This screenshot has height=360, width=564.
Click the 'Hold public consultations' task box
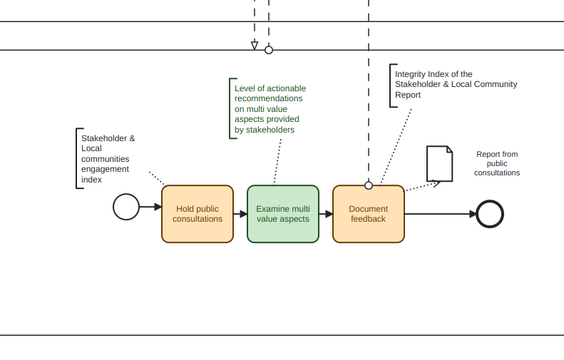(x=198, y=214)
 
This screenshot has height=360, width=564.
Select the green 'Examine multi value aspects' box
(x=283, y=214)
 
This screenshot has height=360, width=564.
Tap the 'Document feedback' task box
(x=369, y=214)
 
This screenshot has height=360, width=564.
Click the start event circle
(x=126, y=207)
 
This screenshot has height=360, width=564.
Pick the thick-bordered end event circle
(x=490, y=214)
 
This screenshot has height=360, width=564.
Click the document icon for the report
(x=439, y=164)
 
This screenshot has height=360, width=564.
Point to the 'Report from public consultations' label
(x=497, y=163)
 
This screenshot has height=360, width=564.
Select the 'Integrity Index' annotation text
(x=456, y=84)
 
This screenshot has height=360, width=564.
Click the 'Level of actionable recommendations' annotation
(x=270, y=109)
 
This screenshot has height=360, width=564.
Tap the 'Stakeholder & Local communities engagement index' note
(x=108, y=159)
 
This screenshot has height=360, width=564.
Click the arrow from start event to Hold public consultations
(x=150, y=207)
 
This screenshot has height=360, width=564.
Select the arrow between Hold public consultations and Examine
(x=240, y=214)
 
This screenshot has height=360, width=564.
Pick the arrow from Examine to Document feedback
(x=326, y=214)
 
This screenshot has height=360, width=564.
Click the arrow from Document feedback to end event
(x=440, y=214)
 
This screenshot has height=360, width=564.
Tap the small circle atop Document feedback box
(x=369, y=185)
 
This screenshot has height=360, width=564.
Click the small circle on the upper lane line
(x=269, y=50)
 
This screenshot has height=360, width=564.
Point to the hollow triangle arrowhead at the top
(x=255, y=46)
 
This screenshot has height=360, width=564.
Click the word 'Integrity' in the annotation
(x=411, y=74)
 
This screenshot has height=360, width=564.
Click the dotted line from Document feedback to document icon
(x=421, y=187)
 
